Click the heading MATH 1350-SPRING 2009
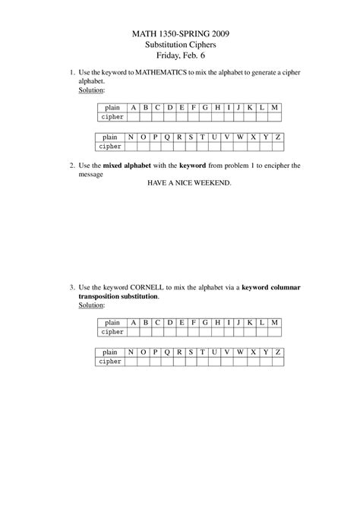coord(180,34)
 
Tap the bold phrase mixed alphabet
coord(140,165)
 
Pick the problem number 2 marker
coord(71,165)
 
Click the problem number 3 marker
coord(71,287)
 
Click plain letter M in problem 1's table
coord(274,108)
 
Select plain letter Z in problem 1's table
coord(278,137)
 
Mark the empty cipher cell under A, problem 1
coord(134,118)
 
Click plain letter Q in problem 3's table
coord(166,352)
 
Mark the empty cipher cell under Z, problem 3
coord(278,362)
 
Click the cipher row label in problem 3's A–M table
coord(112,332)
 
